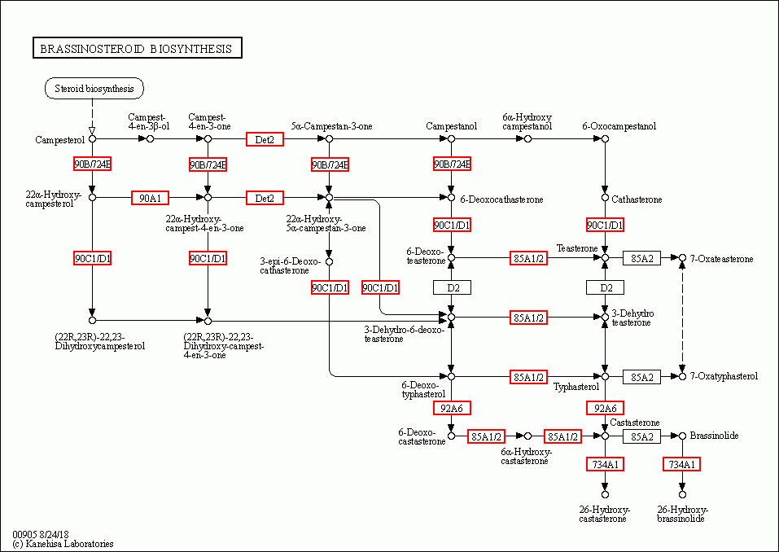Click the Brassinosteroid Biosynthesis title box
(x=137, y=49)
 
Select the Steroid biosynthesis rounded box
(x=94, y=88)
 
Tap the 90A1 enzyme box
(x=150, y=198)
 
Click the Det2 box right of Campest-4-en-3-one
(x=265, y=139)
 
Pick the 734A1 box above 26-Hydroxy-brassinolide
(x=681, y=464)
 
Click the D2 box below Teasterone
(x=605, y=287)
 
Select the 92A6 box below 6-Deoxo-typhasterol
(x=452, y=408)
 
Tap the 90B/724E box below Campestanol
(x=452, y=164)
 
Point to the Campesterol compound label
(x=60, y=140)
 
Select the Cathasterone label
(x=637, y=199)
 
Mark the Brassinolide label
(x=714, y=436)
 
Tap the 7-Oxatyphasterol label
(x=724, y=376)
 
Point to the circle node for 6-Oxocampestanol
(x=605, y=139)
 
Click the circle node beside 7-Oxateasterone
(x=682, y=258)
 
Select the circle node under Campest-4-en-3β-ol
(x=150, y=139)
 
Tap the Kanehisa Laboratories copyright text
(x=63, y=544)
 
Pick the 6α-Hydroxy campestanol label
(x=527, y=122)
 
